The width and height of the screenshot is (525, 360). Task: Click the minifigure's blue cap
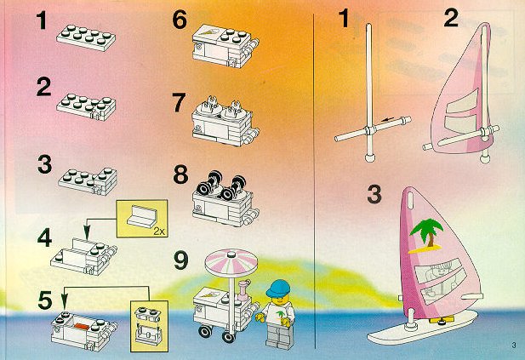click(277, 288)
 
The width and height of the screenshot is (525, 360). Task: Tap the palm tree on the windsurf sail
click(426, 233)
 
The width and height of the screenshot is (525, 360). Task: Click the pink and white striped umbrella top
click(231, 261)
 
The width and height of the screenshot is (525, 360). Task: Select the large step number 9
click(181, 261)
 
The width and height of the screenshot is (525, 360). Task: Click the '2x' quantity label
click(160, 231)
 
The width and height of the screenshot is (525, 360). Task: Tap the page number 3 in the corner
click(514, 346)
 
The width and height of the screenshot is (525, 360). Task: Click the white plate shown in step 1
click(86, 37)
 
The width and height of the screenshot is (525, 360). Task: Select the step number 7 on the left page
click(179, 102)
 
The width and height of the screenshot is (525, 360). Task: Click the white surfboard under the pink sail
click(423, 327)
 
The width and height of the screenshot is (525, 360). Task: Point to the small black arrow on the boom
click(388, 119)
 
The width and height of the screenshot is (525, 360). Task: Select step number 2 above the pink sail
click(451, 18)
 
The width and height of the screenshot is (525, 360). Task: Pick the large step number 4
click(44, 237)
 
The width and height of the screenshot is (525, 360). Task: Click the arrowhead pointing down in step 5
click(65, 299)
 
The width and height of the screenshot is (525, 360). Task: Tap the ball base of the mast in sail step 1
click(369, 157)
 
